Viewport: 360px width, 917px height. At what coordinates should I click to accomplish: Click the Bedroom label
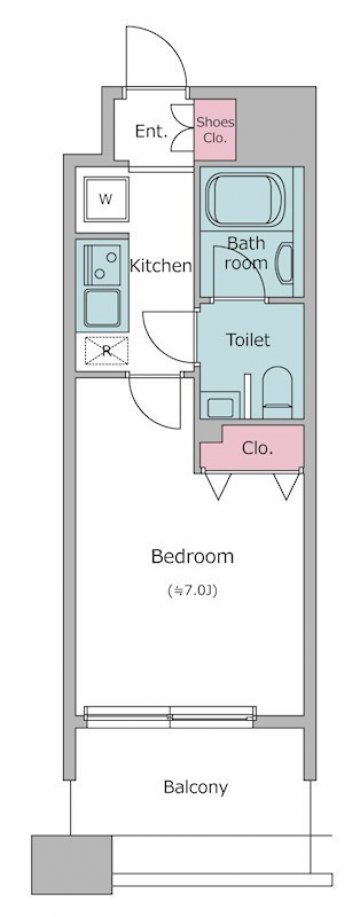click(x=192, y=556)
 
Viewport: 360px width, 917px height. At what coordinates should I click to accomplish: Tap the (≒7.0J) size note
click(x=192, y=591)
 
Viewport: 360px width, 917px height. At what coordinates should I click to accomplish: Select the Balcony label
click(x=195, y=787)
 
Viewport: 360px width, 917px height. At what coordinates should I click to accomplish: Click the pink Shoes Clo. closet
click(x=215, y=129)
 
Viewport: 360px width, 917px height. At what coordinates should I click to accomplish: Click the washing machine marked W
click(x=106, y=199)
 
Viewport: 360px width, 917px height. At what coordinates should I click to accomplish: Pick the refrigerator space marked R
click(x=106, y=351)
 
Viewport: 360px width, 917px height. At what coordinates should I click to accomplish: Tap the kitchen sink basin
click(x=102, y=308)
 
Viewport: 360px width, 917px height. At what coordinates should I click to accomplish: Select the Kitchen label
click(x=161, y=266)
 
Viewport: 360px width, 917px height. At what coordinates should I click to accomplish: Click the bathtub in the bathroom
click(x=244, y=201)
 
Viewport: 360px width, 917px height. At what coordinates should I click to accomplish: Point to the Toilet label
click(x=248, y=340)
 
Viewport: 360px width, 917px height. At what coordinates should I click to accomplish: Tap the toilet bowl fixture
click(x=277, y=392)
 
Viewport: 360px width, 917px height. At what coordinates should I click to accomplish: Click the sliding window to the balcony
click(x=170, y=716)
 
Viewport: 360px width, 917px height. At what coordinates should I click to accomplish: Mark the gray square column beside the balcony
click(x=71, y=865)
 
